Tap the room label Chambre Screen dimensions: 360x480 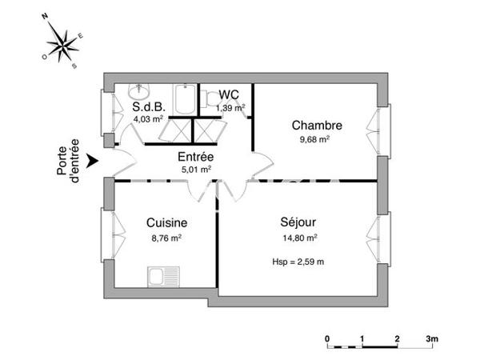(x=317, y=126)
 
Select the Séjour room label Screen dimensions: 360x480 (x=297, y=222)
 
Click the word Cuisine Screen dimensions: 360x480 (x=166, y=223)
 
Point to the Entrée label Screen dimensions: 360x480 (x=194, y=157)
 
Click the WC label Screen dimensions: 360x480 (x=229, y=94)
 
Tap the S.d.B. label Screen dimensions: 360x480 (x=148, y=107)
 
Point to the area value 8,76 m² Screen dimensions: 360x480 (x=166, y=238)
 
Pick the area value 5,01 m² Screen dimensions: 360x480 (x=195, y=169)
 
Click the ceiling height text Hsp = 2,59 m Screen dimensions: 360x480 (x=298, y=261)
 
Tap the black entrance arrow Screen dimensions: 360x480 (x=93, y=162)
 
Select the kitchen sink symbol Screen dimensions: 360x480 (x=166, y=278)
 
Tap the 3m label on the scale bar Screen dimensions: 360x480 (x=433, y=339)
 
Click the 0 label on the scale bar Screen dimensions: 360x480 (x=328, y=339)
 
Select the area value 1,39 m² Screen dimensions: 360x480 (x=231, y=106)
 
